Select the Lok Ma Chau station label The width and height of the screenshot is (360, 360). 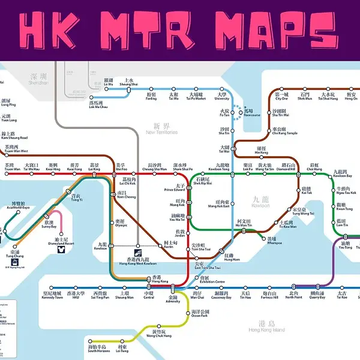(99, 104)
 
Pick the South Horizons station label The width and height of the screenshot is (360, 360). (97, 349)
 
